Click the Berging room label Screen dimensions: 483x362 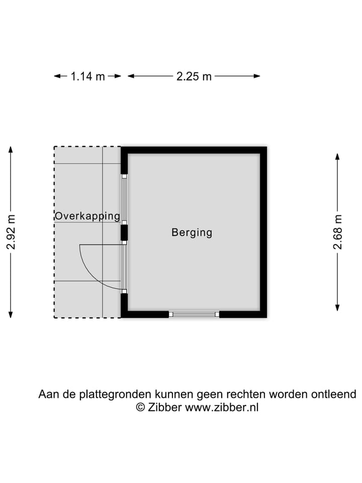click(192, 232)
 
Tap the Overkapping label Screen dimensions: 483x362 click(87, 216)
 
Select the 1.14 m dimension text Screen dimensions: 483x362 click(88, 76)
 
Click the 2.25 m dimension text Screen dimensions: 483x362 click(194, 76)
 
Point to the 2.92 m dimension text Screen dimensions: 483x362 click(11, 232)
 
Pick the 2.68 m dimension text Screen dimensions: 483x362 click(338, 232)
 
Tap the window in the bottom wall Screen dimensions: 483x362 click(194, 314)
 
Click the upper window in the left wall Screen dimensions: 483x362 click(124, 199)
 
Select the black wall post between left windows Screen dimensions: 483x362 click(124, 232)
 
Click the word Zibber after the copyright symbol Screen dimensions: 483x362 click(165, 408)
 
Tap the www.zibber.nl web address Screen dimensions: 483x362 click(222, 408)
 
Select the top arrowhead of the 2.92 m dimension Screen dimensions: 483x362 click(11, 149)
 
